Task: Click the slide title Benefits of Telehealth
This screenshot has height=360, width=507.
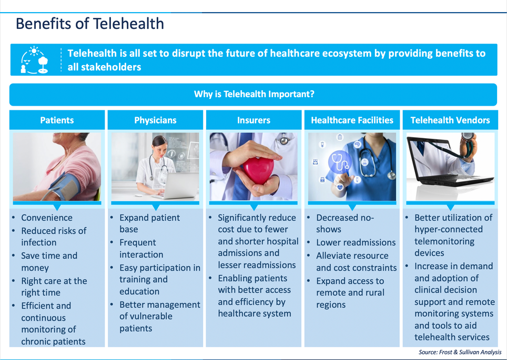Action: [89, 24]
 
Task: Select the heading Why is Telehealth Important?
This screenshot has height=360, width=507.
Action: [253, 95]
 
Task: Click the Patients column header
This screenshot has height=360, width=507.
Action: [57, 120]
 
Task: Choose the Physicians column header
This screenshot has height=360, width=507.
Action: [155, 120]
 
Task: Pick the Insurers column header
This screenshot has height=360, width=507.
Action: [253, 120]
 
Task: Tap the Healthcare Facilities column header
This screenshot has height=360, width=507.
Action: [352, 120]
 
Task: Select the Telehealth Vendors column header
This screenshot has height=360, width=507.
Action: [450, 120]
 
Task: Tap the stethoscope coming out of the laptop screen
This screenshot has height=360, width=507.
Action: [466, 145]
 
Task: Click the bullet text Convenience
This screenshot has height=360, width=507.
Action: [47, 218]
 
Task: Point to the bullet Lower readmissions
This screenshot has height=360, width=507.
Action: [356, 242]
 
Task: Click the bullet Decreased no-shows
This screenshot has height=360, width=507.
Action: [344, 223]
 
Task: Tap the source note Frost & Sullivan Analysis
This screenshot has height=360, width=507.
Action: [460, 352]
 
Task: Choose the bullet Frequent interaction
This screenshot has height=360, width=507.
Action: [141, 248]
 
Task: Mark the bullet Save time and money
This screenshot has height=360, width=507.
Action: [49, 262]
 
